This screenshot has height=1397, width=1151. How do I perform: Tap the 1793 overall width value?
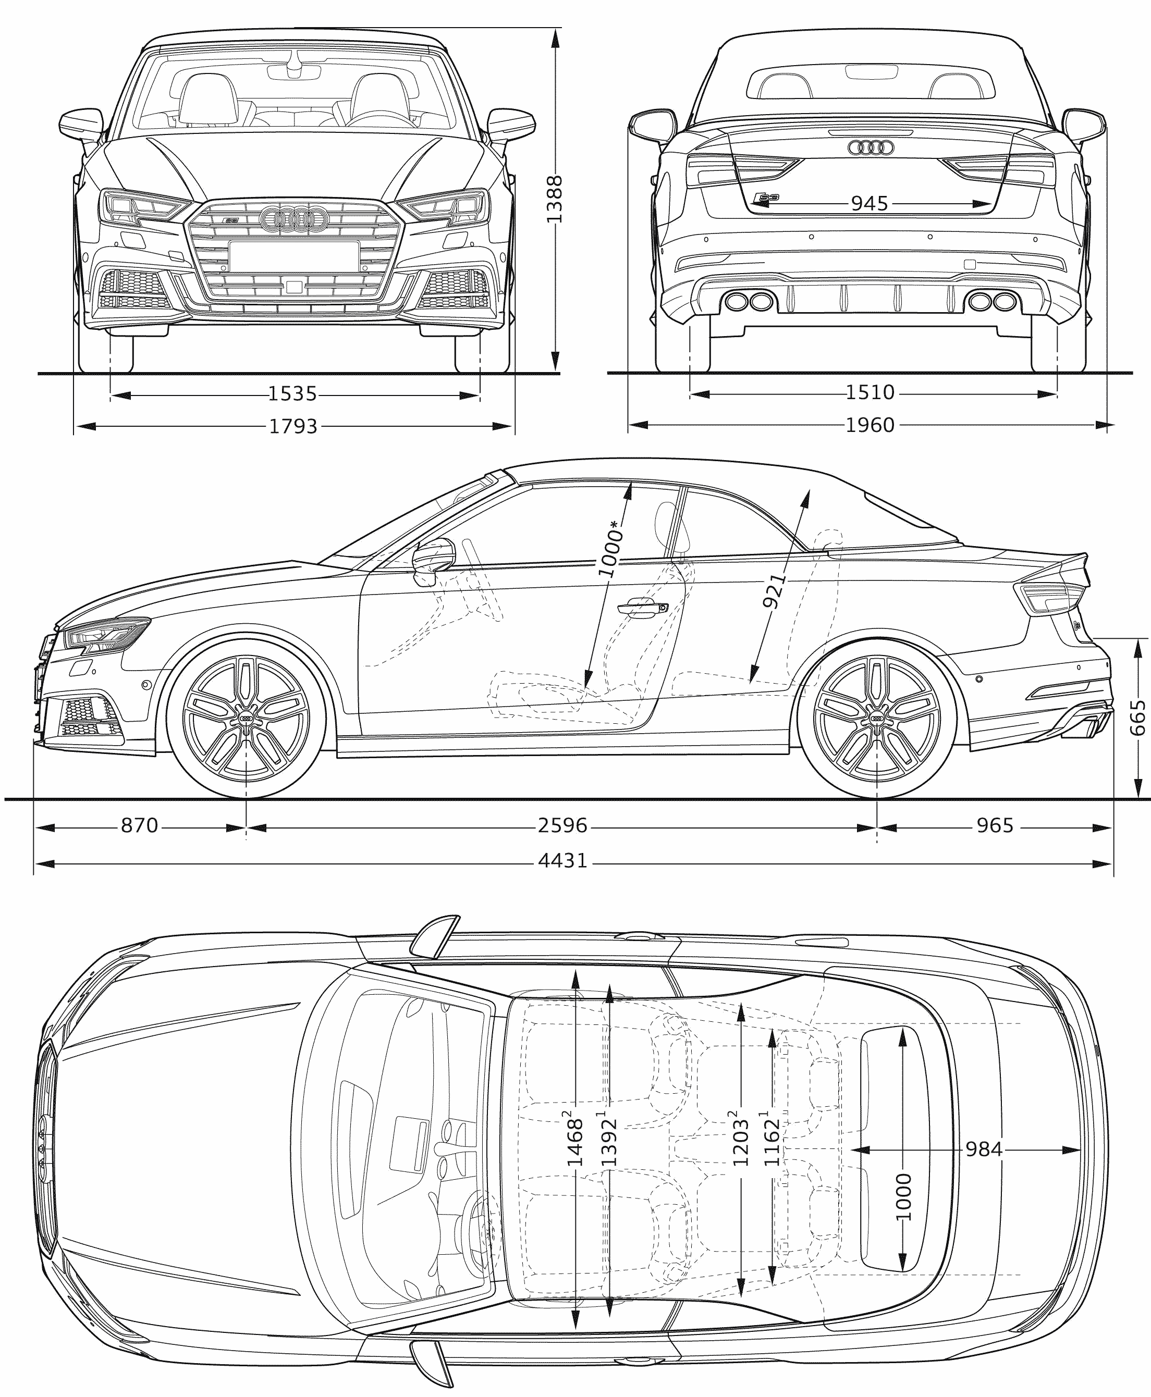[x=293, y=426]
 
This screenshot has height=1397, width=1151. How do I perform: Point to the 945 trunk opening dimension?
[x=869, y=203]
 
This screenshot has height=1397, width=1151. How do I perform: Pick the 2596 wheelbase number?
[x=562, y=826]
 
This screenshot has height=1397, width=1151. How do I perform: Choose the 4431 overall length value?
[x=562, y=861]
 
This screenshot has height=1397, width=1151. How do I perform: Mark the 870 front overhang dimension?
[x=139, y=826]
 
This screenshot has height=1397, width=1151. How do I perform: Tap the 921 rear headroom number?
[x=775, y=590]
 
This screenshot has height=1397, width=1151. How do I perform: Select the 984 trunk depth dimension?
[x=983, y=1149]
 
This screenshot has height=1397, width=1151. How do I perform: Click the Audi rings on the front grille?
[x=293, y=219]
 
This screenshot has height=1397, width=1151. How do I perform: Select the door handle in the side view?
[x=641, y=607]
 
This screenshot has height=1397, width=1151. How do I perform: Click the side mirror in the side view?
[x=434, y=561]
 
